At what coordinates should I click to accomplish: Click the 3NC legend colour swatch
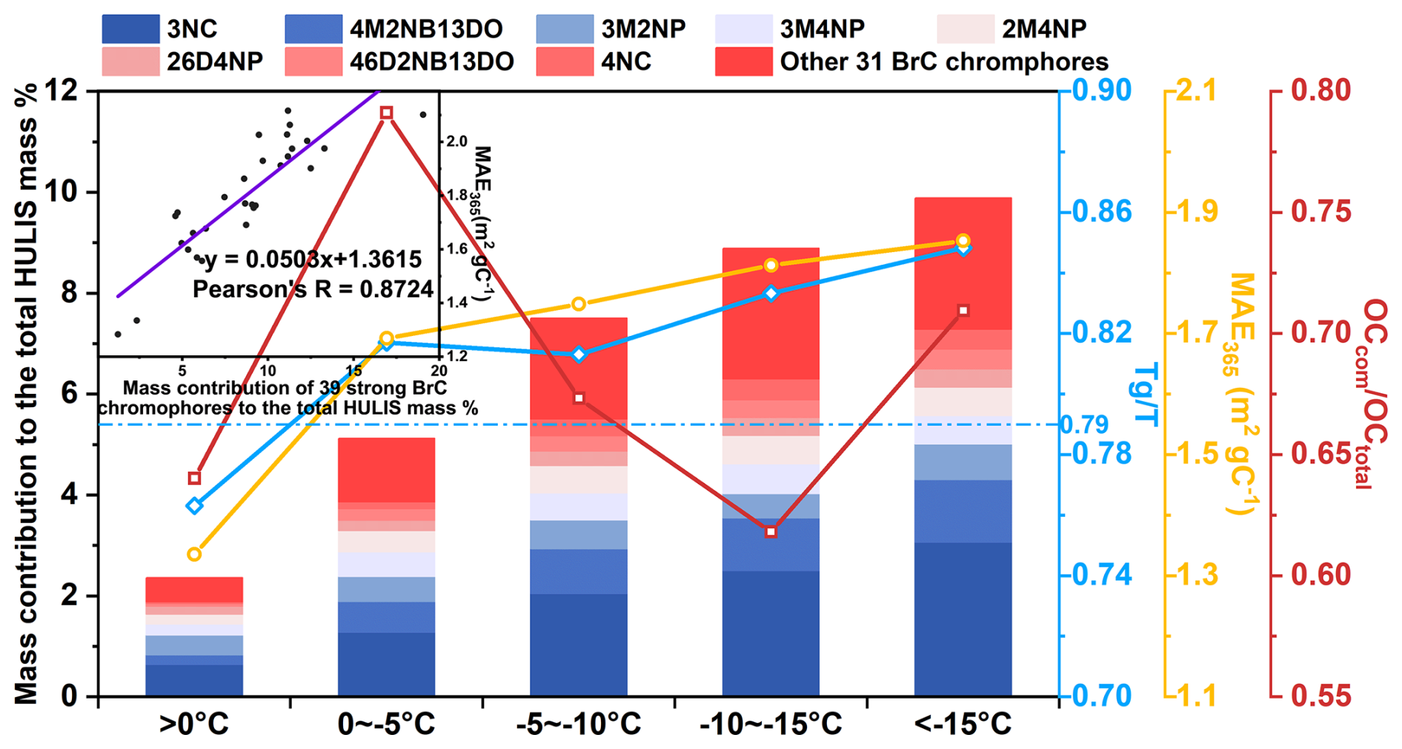click(x=130, y=29)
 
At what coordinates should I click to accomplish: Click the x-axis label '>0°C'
click(x=194, y=724)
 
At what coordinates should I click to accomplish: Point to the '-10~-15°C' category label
click(x=771, y=724)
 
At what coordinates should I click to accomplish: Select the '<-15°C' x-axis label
click(x=963, y=724)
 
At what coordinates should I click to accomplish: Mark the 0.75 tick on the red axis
click(x=1320, y=212)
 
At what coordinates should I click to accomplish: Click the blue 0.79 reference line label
click(x=1084, y=425)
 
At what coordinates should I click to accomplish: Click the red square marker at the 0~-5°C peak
click(x=386, y=113)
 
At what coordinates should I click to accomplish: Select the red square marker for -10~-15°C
click(x=771, y=532)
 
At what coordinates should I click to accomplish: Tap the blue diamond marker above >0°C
click(x=194, y=506)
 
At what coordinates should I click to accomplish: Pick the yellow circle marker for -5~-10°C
click(x=579, y=304)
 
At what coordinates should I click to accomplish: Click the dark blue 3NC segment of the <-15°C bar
click(x=963, y=619)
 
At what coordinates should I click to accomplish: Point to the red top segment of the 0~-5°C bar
click(x=386, y=470)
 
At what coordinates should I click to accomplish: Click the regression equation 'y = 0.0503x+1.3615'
click(x=313, y=260)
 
